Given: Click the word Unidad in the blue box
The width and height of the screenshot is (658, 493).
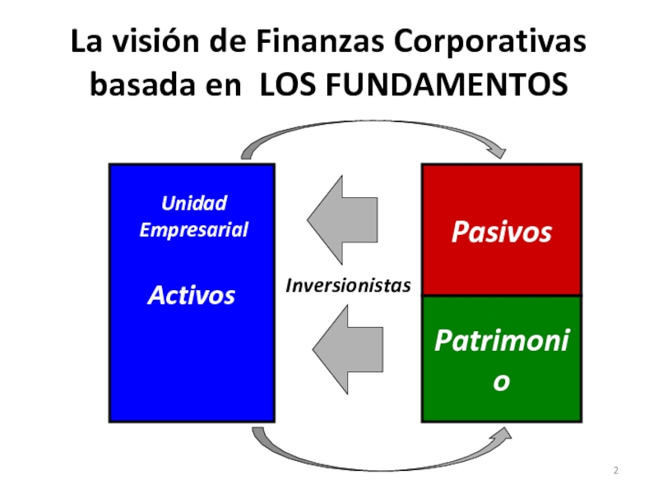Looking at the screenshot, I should click(x=193, y=203).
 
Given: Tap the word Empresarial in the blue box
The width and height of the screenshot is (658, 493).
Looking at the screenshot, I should click(x=193, y=229).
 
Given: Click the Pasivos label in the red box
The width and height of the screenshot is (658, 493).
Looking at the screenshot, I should click(x=501, y=233).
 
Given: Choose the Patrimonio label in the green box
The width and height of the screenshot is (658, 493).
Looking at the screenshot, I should click(x=501, y=339).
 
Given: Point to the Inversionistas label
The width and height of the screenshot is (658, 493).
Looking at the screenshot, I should click(x=348, y=285).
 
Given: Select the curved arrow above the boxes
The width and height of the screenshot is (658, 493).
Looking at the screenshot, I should click(x=370, y=136).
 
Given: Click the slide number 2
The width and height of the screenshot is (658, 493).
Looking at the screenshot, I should click(x=615, y=471).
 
